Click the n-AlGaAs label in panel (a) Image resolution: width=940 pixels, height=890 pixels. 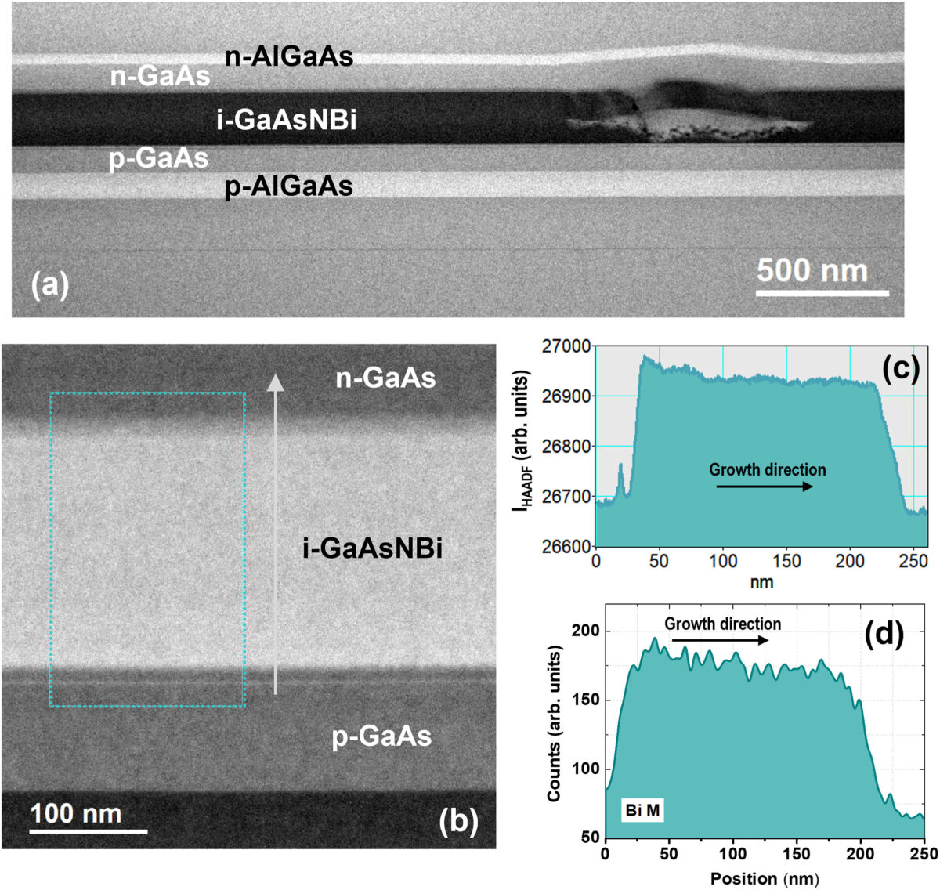pos(289,56)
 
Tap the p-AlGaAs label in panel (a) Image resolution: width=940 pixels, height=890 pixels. pos(288,186)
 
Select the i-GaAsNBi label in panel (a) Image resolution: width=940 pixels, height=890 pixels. pos(286,120)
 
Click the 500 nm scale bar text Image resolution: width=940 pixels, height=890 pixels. pos(812,271)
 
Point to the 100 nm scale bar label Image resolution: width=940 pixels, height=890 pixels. pos(77,813)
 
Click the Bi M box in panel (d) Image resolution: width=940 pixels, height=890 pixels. pos(643,811)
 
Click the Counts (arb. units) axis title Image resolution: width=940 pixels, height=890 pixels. pos(555,724)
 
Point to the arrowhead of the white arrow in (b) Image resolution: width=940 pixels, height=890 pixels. pos(275,382)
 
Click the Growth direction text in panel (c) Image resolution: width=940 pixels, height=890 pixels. pos(767,469)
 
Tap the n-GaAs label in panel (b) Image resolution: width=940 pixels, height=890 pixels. pos(385,378)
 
